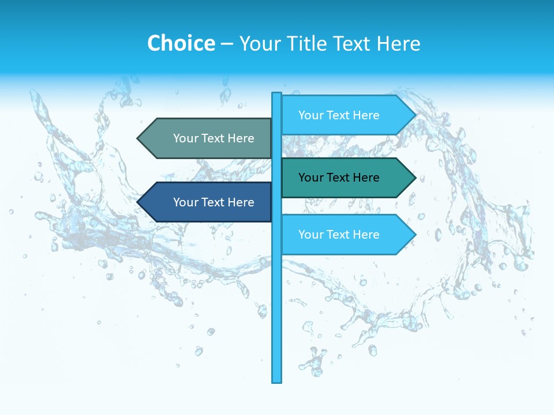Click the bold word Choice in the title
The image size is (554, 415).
pyautogui.click(x=181, y=43)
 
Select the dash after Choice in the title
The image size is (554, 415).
pyautogui.click(x=227, y=44)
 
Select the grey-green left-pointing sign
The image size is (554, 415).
pyautogui.click(x=208, y=138)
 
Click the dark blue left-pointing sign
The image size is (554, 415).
pyautogui.click(x=208, y=202)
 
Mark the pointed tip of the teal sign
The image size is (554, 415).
pyautogui.click(x=414, y=178)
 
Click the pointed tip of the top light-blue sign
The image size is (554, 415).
pyautogui.click(x=414, y=115)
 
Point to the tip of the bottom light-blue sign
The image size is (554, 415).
pyautogui.click(x=414, y=235)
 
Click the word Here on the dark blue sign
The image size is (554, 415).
pyautogui.click(x=241, y=202)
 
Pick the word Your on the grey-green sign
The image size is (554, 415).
pyautogui.click(x=185, y=138)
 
